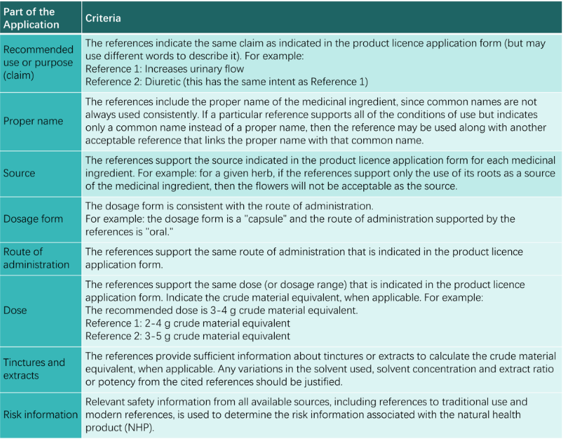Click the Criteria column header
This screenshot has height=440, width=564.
(x=103, y=18)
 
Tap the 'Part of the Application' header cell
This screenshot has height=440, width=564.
(x=31, y=18)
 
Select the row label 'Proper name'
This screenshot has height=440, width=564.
(x=33, y=121)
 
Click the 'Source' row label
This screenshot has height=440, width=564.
(x=19, y=173)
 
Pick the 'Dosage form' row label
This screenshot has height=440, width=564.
(x=33, y=219)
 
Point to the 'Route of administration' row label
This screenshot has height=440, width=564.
(x=36, y=258)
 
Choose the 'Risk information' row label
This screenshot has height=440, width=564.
(x=41, y=415)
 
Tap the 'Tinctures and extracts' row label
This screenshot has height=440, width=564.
(x=34, y=369)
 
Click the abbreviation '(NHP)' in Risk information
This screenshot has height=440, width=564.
(x=143, y=427)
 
